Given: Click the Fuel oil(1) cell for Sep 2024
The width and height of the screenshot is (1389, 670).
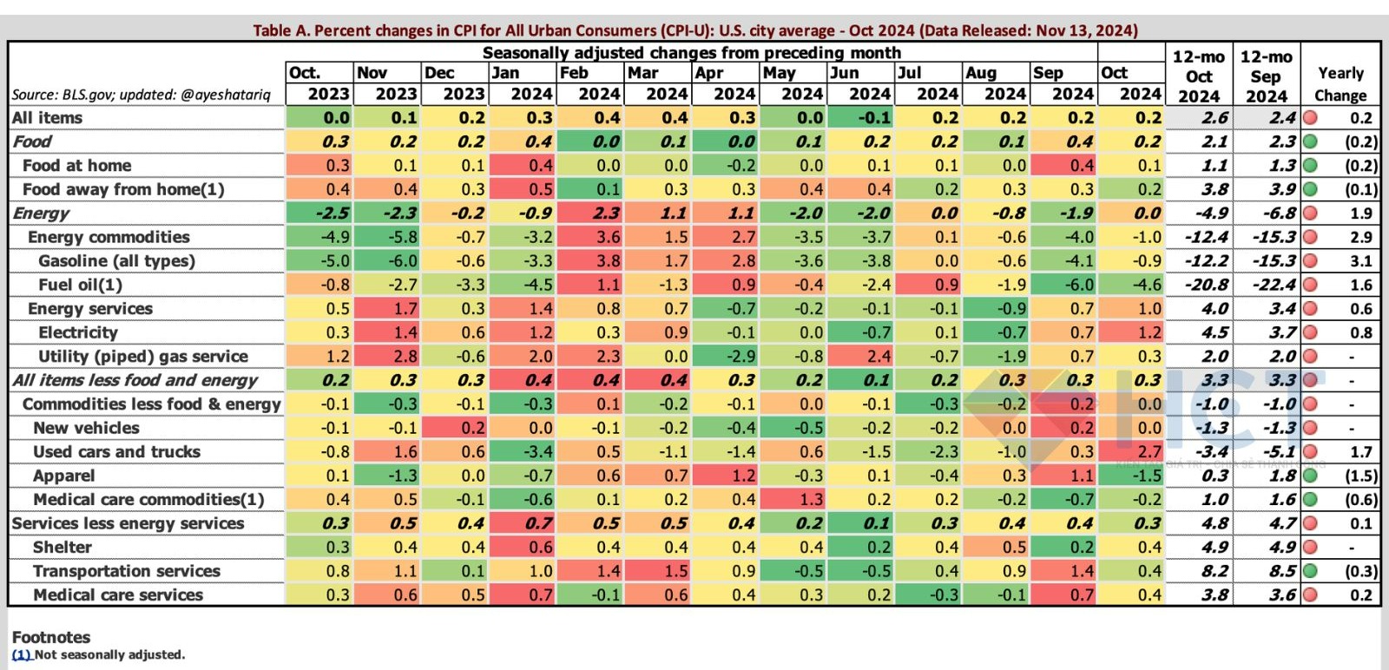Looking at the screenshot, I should [x=1063, y=285].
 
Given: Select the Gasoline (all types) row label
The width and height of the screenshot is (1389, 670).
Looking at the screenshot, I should [x=116, y=261].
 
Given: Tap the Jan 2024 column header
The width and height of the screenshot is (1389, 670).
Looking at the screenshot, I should [x=522, y=83].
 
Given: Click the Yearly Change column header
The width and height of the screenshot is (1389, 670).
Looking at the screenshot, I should [x=1340, y=84].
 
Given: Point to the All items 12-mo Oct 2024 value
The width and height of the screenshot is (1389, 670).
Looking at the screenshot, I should [x=1199, y=118].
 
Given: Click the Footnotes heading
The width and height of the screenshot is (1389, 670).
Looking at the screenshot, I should [x=51, y=637].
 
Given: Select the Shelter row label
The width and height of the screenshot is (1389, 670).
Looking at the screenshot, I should [x=62, y=548].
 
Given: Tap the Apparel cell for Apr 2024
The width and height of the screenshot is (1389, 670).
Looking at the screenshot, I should [x=726, y=476].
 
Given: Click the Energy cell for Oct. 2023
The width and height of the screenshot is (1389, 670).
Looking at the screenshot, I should [x=319, y=213].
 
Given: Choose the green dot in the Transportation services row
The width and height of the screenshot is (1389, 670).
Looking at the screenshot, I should [x=1310, y=571].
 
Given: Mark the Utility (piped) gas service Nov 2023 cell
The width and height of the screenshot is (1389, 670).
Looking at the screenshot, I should [x=387, y=357].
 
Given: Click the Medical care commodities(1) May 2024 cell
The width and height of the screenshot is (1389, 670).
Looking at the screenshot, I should [x=793, y=500].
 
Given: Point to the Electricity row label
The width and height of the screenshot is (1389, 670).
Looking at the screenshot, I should [x=78, y=332].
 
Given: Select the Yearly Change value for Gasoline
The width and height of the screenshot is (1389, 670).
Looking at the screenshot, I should [x=1360, y=261].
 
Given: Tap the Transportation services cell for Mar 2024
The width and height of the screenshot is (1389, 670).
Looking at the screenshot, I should [x=658, y=571].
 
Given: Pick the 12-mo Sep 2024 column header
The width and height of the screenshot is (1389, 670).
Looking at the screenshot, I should [x=1267, y=76].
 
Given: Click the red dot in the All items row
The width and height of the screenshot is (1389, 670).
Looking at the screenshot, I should [x=1310, y=118].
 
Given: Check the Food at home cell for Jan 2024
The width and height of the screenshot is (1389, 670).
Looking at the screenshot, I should [x=522, y=166].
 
